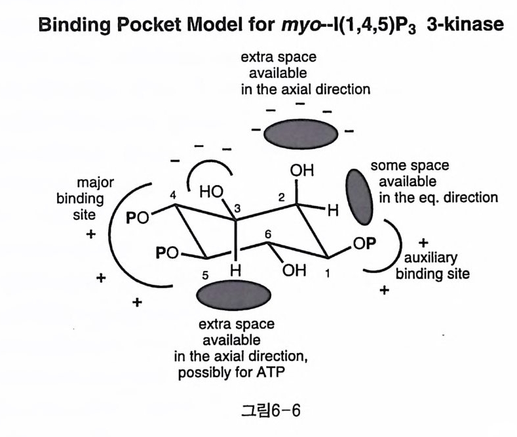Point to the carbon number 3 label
[x=239, y=209]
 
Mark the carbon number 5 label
[x=205, y=275]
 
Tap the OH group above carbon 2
[x=302, y=171]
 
